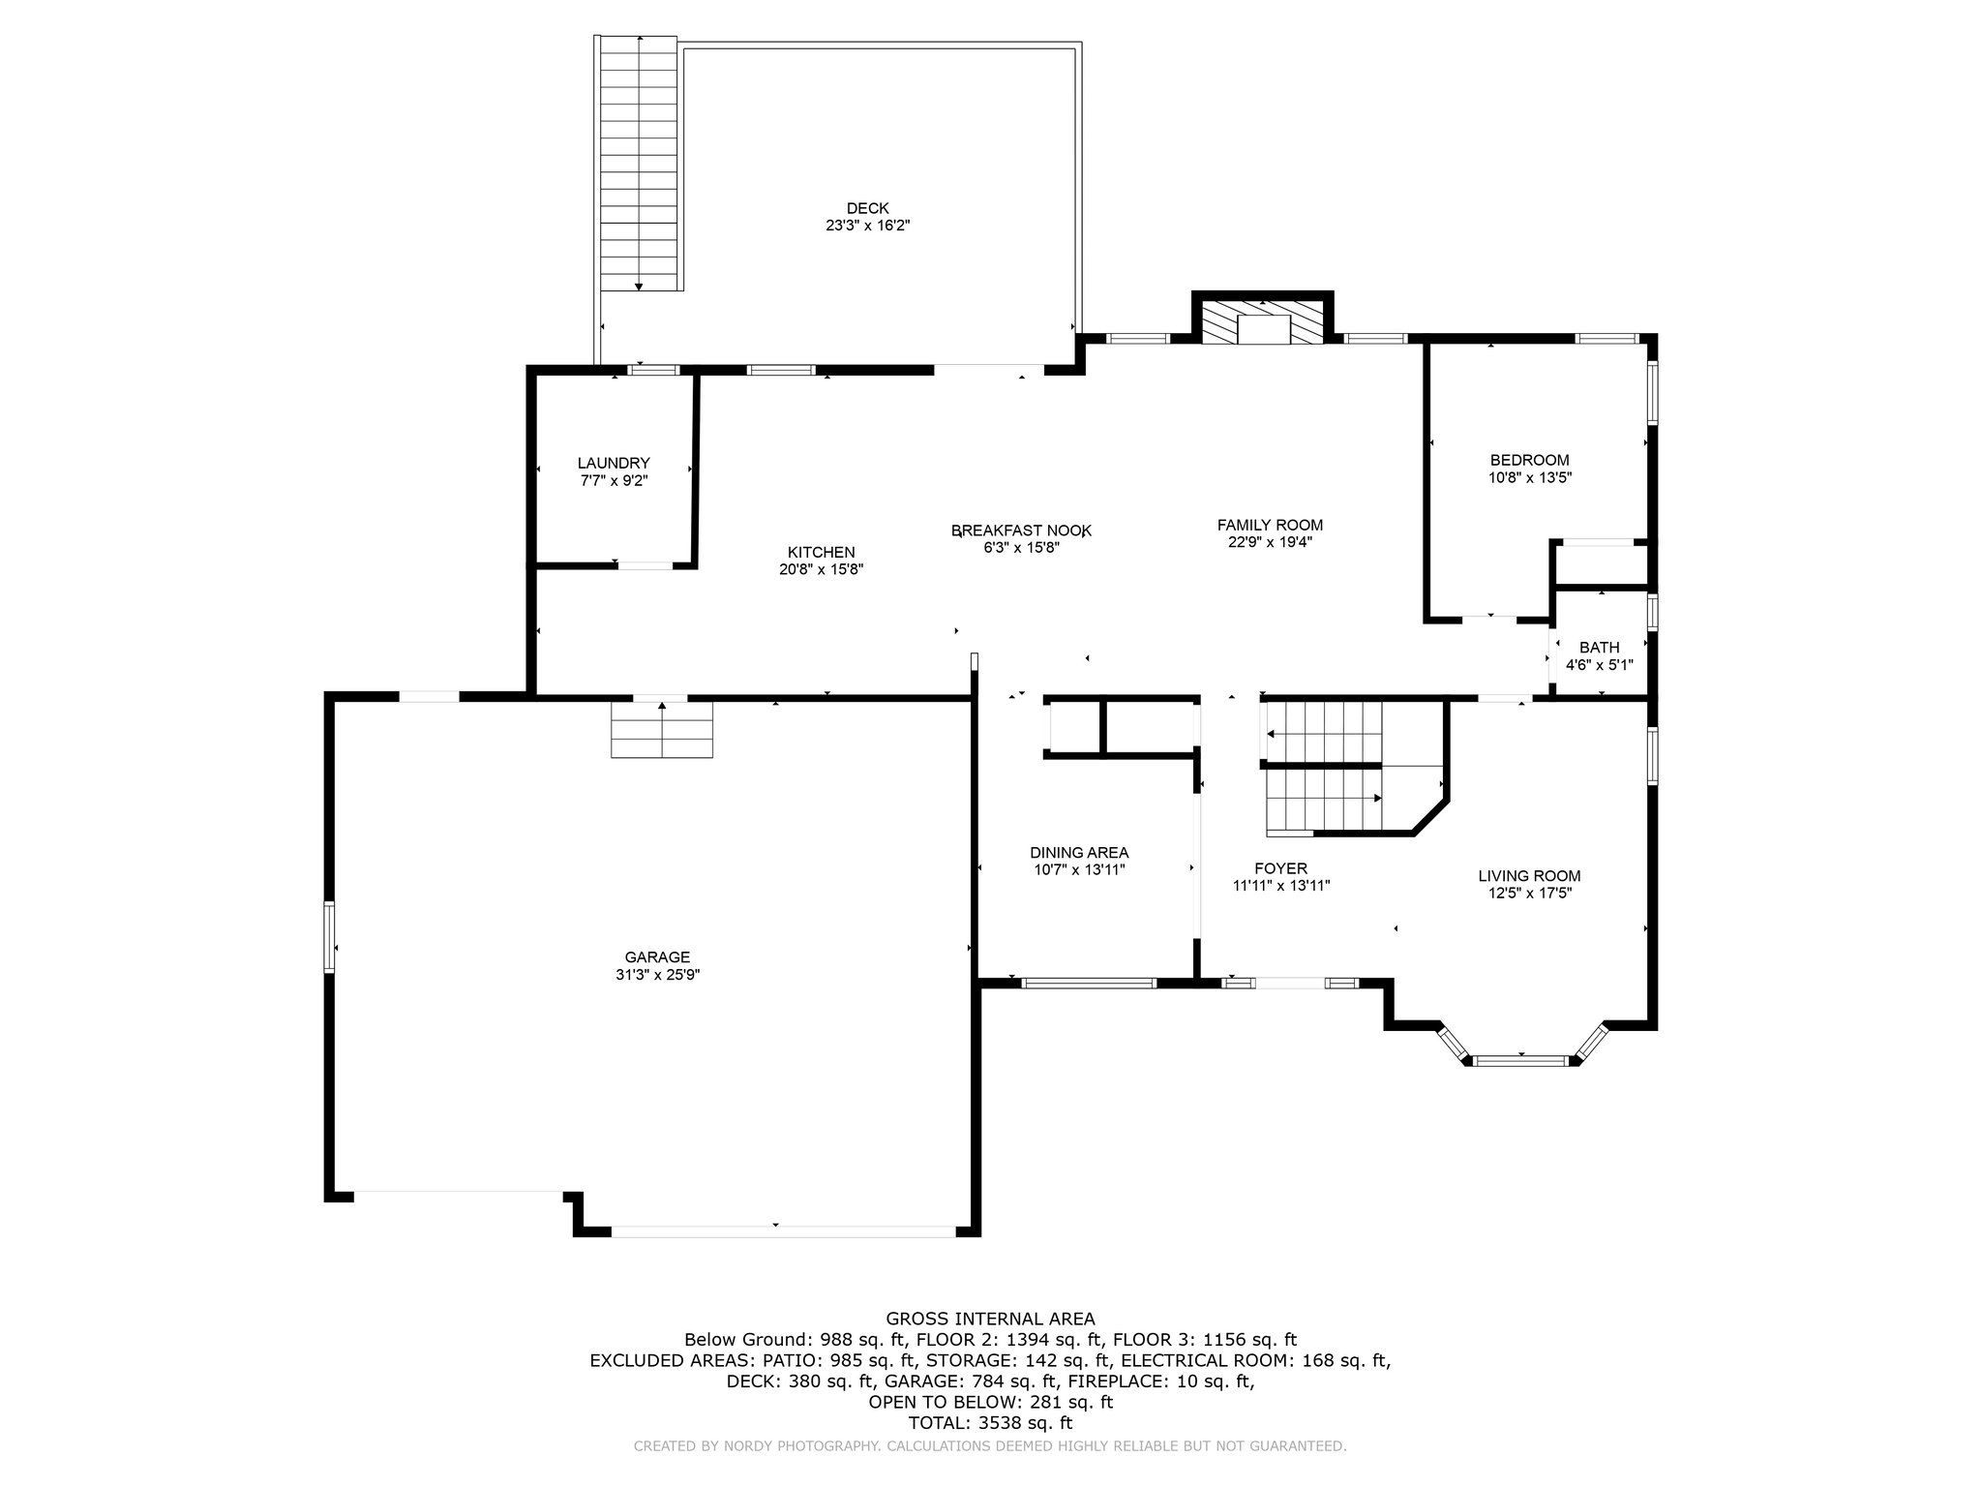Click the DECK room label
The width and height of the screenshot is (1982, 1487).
coord(867,208)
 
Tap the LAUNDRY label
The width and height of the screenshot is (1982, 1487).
coord(614,464)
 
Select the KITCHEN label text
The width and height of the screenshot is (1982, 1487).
coord(822,553)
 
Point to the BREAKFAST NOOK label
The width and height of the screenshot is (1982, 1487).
coord(1022,531)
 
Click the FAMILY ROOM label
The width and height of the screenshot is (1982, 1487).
coord(1270,526)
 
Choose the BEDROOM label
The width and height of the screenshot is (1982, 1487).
coord(1529,461)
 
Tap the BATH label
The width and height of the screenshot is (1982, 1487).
coord(1599,648)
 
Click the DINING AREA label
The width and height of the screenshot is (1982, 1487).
coord(1079,853)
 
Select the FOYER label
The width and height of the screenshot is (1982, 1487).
coord(1280,868)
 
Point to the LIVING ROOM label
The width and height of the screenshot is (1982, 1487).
coord(1529,876)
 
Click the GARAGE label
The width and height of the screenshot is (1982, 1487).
coord(657,957)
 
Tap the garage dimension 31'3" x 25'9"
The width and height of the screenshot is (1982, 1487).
coord(657,975)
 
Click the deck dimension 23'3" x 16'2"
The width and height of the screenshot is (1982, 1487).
coord(867,226)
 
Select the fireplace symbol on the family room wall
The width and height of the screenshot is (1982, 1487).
coord(1263,321)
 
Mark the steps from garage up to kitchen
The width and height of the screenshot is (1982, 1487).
coord(662,730)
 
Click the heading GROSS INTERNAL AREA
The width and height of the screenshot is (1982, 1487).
coord(990,1319)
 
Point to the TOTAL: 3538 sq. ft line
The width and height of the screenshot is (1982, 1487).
coord(990,1423)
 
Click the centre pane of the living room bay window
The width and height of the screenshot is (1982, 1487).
coord(1521,1061)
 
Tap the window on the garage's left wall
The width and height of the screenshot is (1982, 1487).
coord(329,937)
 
